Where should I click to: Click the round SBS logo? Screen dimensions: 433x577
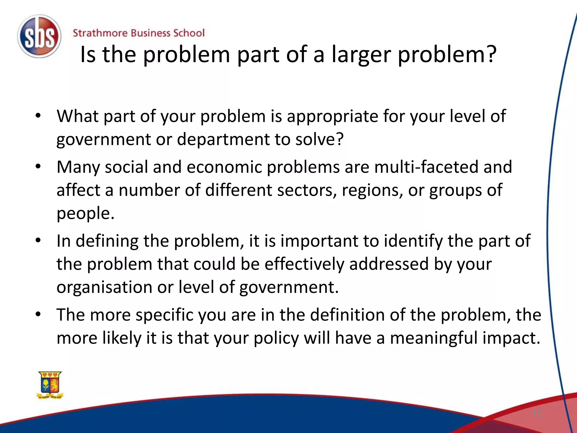[x=39, y=37]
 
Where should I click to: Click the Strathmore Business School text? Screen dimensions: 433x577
[x=139, y=33]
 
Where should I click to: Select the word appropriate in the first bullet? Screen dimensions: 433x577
[x=332, y=116]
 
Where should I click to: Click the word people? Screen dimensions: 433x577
[x=85, y=214]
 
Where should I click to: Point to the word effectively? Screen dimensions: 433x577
[x=304, y=264]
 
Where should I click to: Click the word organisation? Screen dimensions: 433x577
[x=105, y=287]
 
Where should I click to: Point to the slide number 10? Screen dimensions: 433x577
[x=537, y=413]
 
